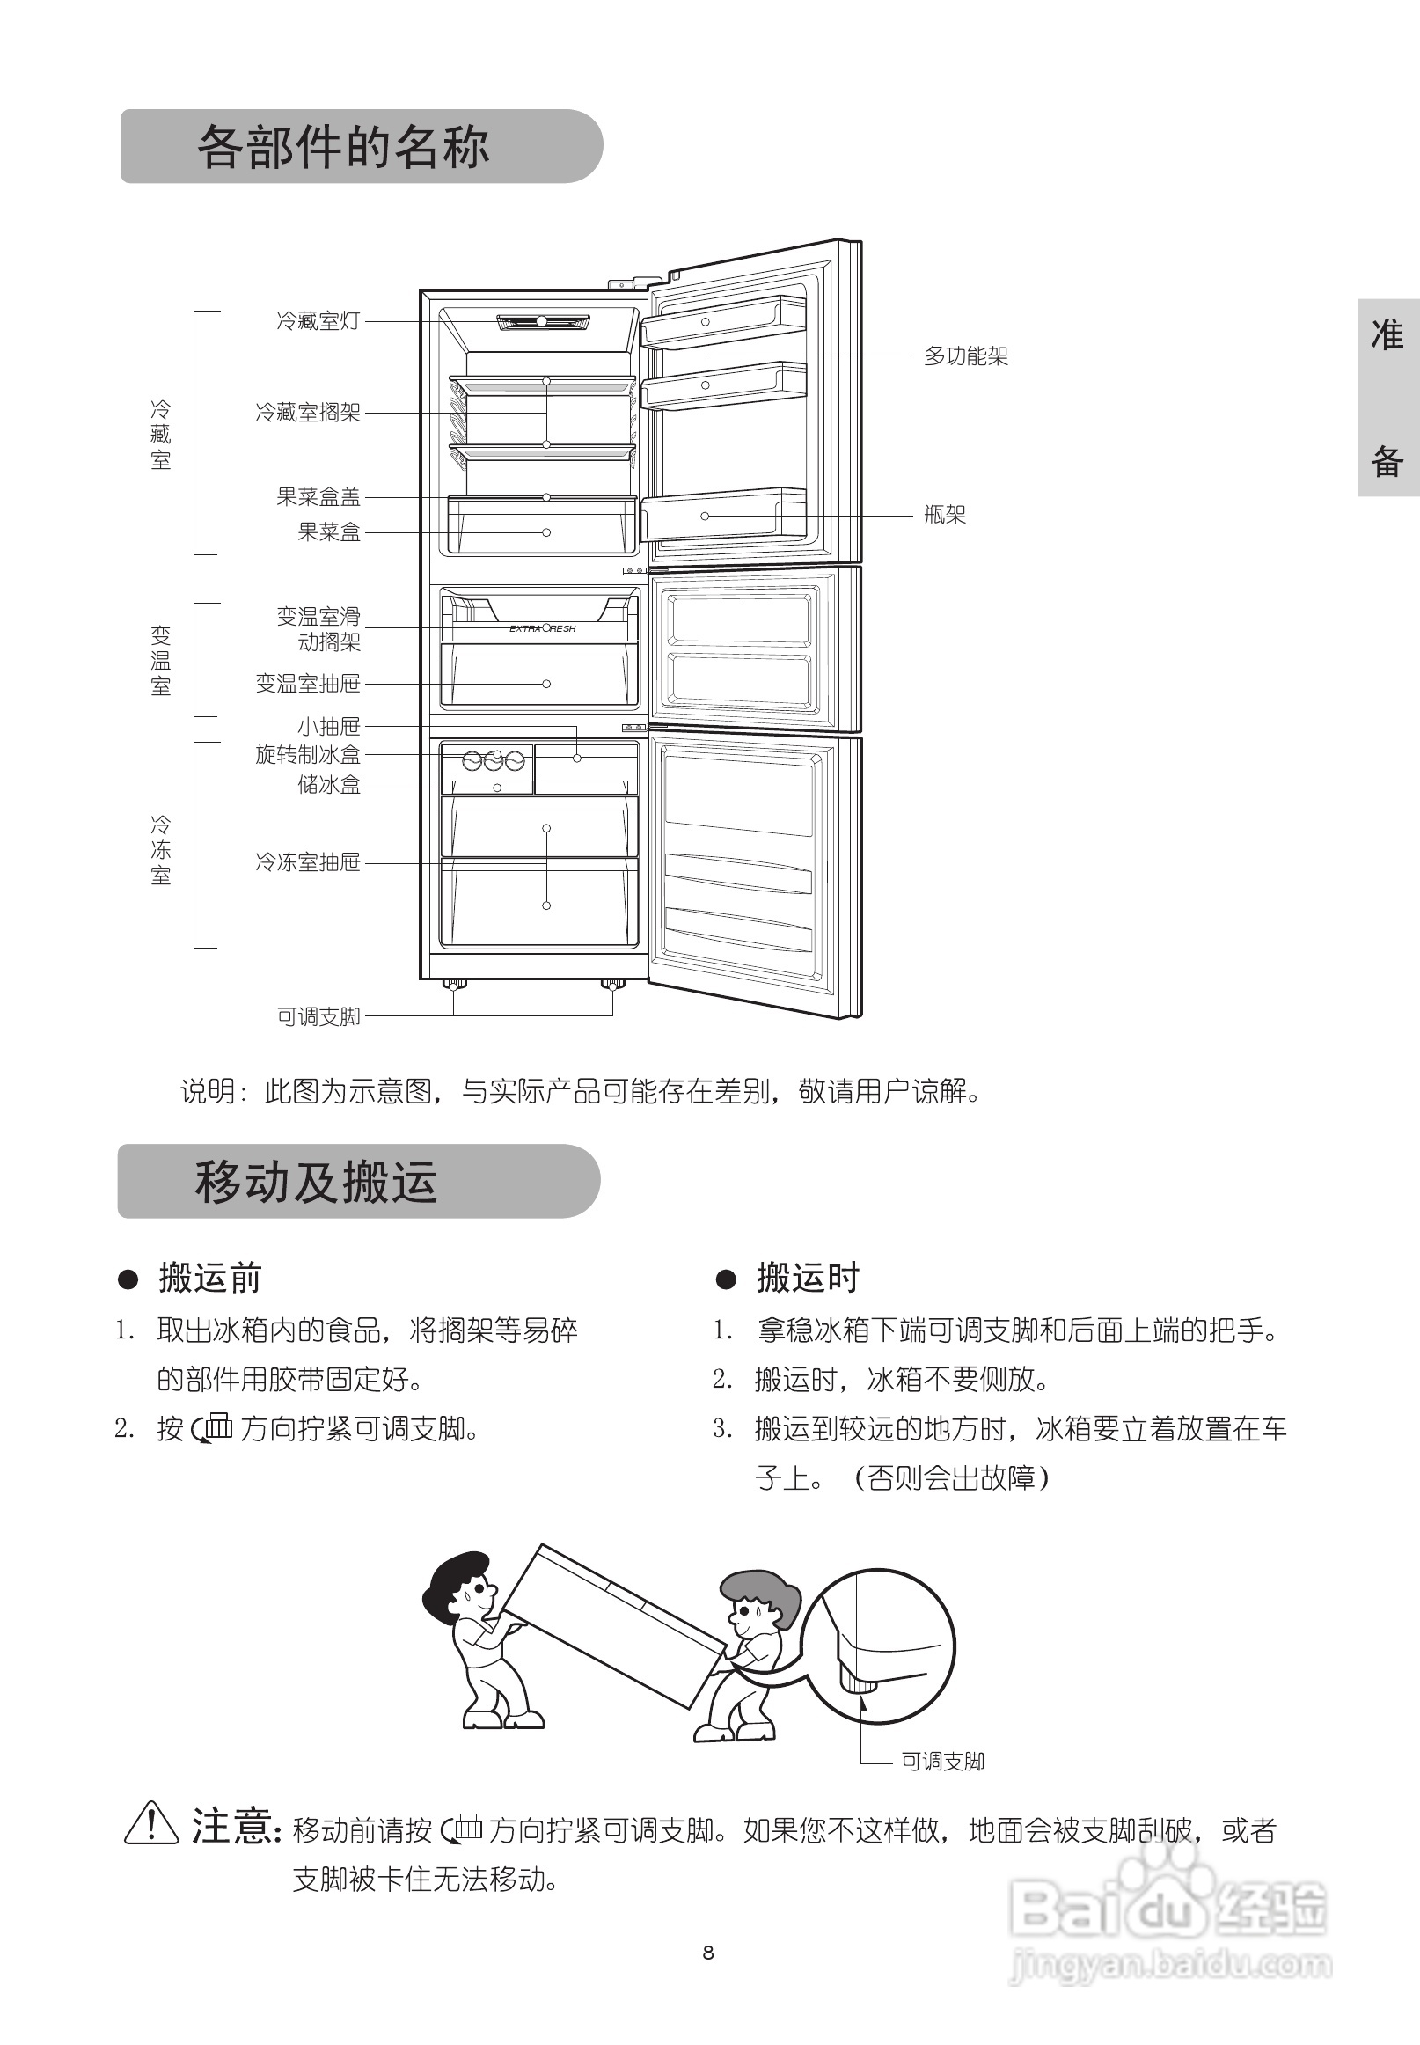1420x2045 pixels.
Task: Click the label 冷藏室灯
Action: coord(318,320)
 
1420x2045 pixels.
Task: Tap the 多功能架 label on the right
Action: coord(965,356)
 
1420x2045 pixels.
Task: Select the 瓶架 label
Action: coord(944,515)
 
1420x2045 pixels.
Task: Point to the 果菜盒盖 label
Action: coord(318,496)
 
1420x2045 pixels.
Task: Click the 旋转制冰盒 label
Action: coord(308,755)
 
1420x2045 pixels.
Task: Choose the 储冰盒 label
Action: coord(328,784)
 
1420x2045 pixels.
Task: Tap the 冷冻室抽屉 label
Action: coord(308,861)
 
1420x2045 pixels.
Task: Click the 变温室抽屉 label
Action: coord(308,683)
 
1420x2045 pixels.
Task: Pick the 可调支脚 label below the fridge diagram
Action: coord(318,1016)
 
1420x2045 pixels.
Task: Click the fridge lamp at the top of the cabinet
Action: coord(542,321)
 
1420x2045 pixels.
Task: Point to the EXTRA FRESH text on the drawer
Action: coord(542,628)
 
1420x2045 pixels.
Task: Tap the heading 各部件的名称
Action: coord(343,147)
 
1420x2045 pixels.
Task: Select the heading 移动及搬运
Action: coord(316,1182)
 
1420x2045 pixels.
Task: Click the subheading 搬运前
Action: coord(210,1278)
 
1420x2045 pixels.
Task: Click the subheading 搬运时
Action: coord(808,1278)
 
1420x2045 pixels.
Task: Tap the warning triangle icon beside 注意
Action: coord(151,1823)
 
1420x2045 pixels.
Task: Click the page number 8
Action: coord(708,1953)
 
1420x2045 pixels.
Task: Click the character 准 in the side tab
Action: coord(1387,334)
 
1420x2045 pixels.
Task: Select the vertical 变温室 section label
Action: coord(160,660)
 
